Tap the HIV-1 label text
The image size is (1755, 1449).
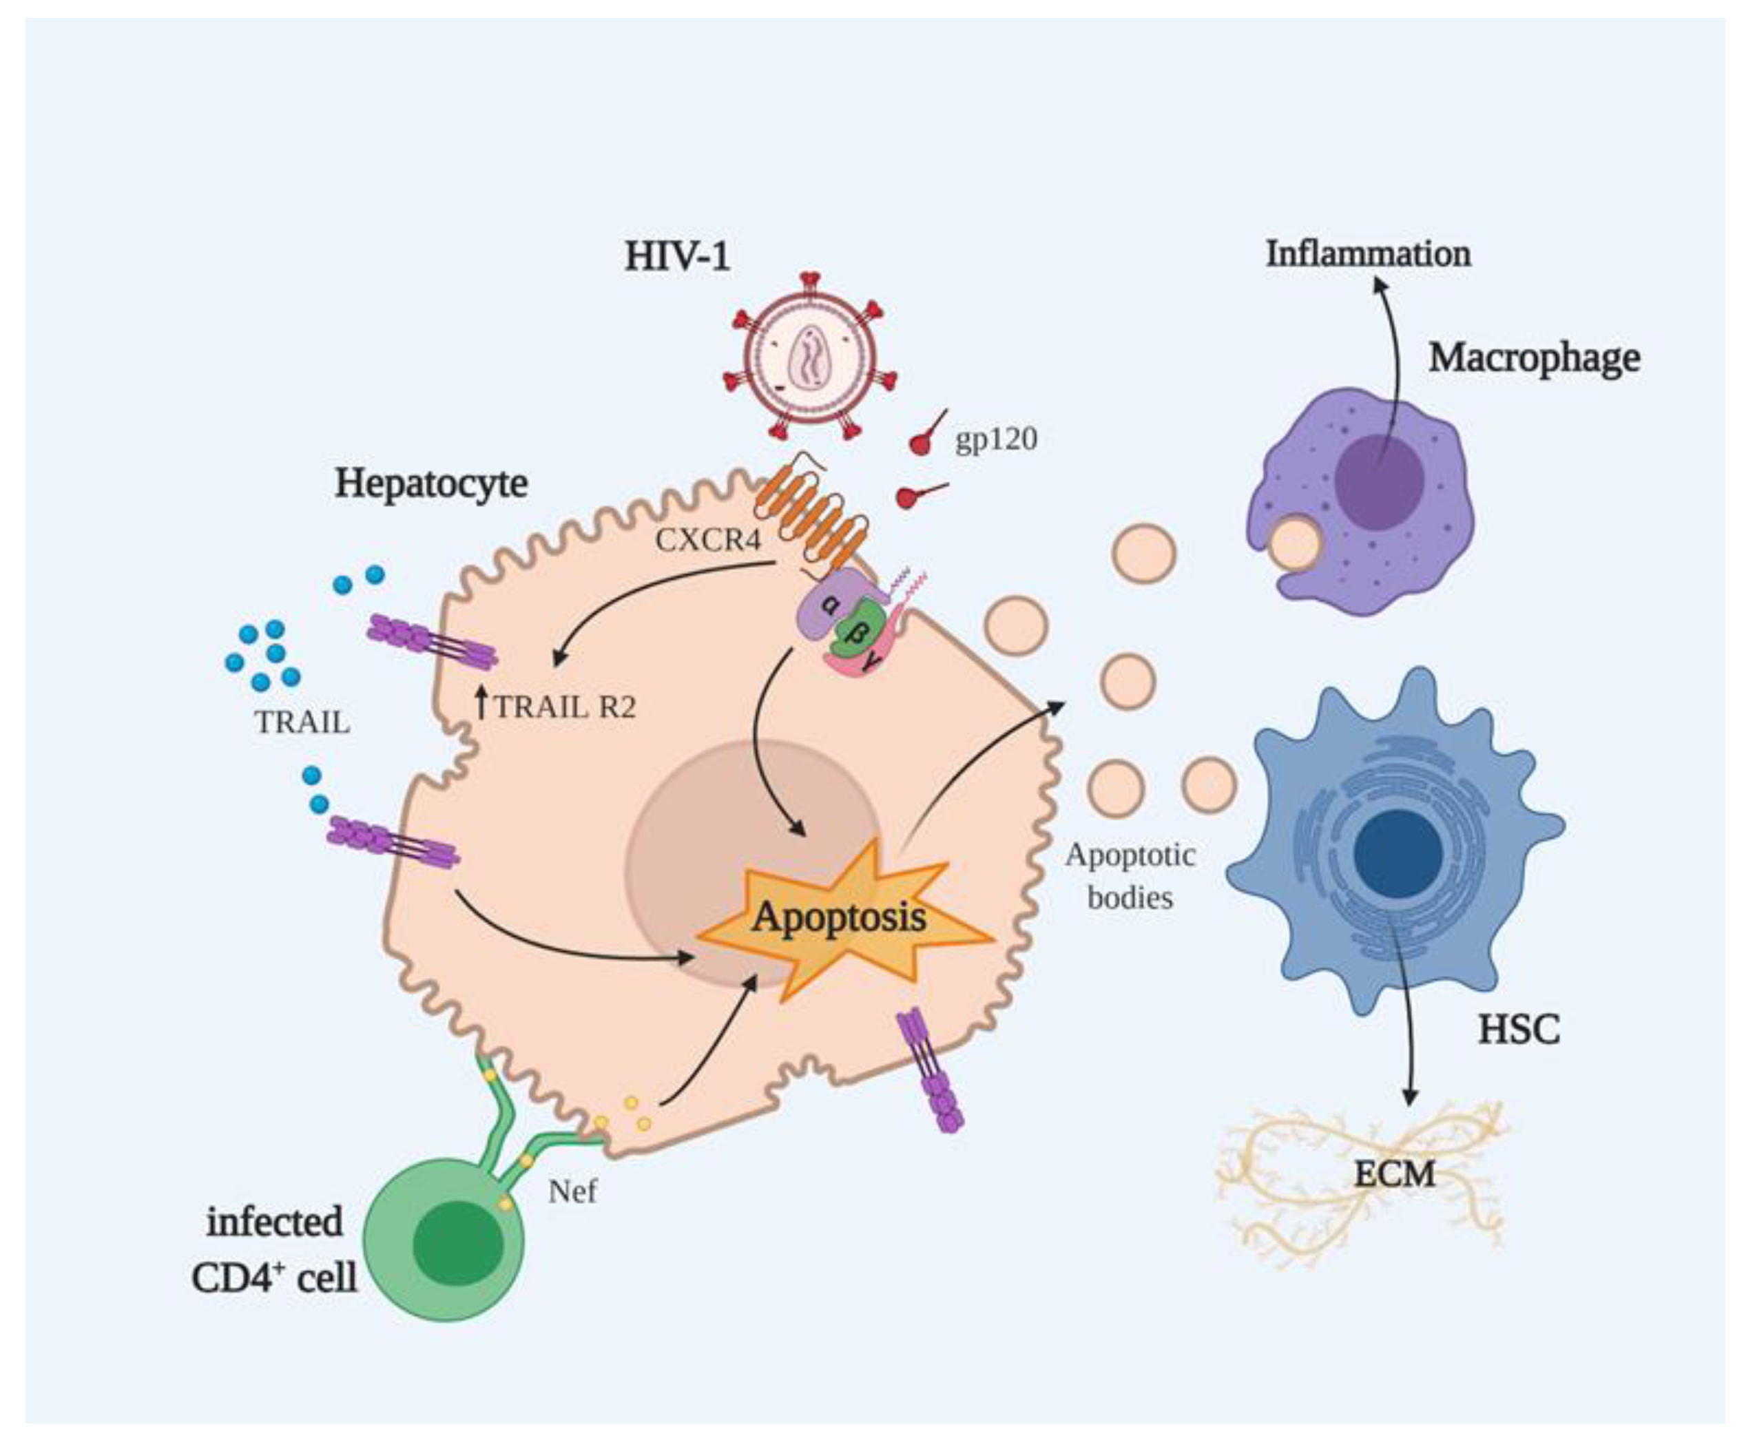[x=677, y=256]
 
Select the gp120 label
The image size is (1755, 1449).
[x=996, y=439]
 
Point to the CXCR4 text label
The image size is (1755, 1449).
[x=708, y=541]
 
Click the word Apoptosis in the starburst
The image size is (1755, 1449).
[x=839, y=917]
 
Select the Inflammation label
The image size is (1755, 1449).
[x=1368, y=253]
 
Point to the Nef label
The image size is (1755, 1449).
[x=573, y=1191]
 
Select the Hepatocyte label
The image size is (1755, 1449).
[x=430, y=483]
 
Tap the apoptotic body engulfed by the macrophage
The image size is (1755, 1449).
[x=1294, y=543]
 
